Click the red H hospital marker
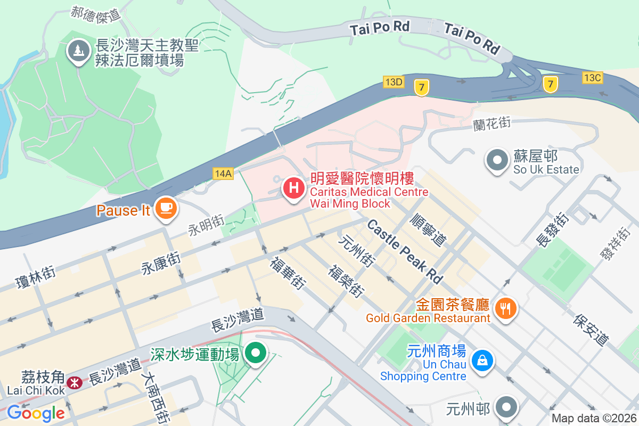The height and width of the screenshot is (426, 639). coord(293,188)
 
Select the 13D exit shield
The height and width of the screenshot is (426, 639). coord(394,81)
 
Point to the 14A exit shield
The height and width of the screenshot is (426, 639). coord(223,174)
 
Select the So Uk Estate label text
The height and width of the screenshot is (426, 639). coord(546,169)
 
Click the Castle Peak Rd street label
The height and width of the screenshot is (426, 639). coord(405,251)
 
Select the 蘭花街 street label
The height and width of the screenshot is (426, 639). coord(492,124)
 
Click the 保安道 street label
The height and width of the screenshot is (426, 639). coord(591,330)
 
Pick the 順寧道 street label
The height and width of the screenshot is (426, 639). coord(429,230)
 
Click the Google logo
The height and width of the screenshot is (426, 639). coord(36,413)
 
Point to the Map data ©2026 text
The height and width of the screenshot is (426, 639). coord(593,419)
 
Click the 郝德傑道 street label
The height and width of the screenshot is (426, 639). coord(96,14)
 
